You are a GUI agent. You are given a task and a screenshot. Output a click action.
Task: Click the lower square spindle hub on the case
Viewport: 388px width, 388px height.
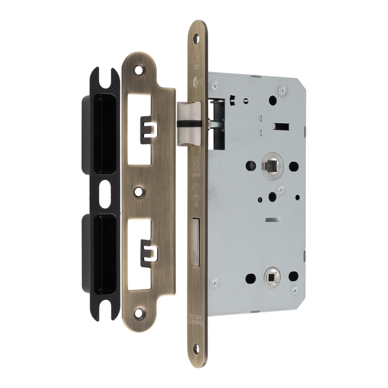click(270, 277)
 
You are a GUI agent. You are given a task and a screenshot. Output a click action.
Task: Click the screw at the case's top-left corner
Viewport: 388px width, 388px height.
click(215, 85)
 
